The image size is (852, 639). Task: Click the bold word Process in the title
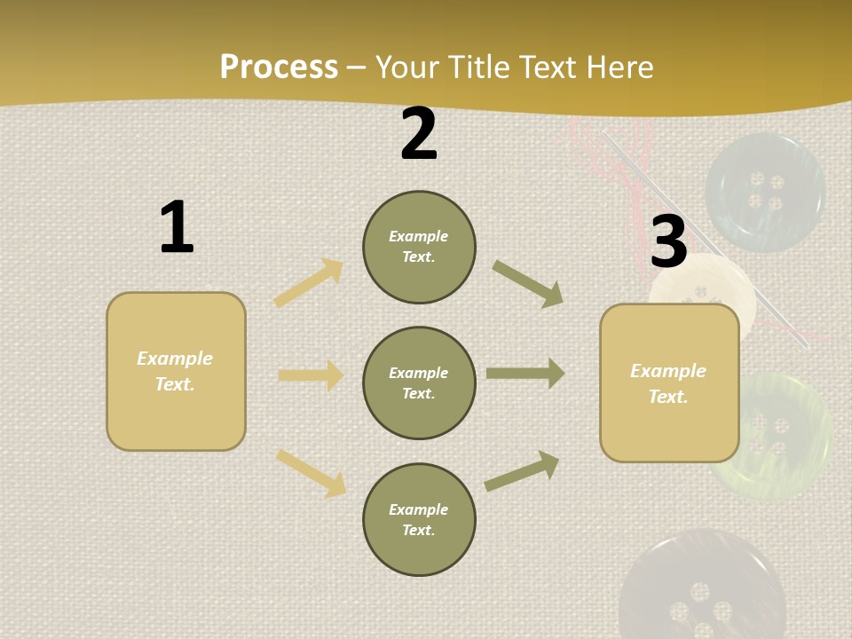coord(279,67)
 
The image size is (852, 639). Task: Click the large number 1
coord(177,227)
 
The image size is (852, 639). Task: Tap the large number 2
coord(419,135)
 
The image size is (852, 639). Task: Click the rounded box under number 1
coord(176,371)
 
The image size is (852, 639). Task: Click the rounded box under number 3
coord(669,383)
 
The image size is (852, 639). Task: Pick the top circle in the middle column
coord(419,247)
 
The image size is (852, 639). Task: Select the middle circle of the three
coord(419,383)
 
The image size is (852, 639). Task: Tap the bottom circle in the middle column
coord(419,519)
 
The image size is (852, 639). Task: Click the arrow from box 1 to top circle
coord(309,282)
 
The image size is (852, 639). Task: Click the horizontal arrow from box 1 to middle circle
coord(311,375)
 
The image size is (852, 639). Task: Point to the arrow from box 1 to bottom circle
coord(311,472)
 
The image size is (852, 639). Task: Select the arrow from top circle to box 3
coord(528,284)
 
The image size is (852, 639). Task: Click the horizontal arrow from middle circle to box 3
coord(525,374)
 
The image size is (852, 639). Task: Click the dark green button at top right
coord(765,192)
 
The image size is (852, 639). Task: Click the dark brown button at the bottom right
coord(701,590)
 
